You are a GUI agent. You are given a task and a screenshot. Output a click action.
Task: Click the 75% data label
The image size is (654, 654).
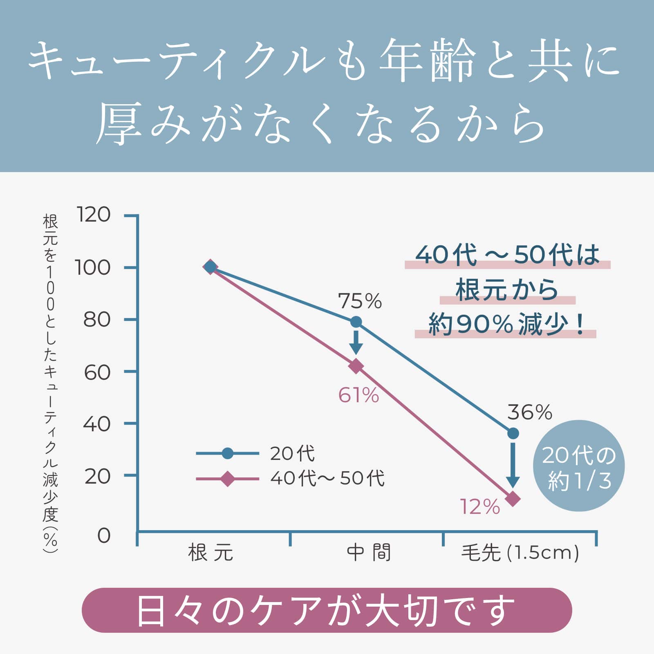[x=360, y=301]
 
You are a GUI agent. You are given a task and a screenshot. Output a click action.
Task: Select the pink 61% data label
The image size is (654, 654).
[x=358, y=395]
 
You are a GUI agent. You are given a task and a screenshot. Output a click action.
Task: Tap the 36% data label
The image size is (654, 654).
[x=529, y=412]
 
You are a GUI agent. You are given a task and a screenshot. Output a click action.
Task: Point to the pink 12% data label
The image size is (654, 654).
[x=480, y=507]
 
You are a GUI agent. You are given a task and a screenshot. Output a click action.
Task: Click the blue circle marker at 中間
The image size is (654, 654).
[x=356, y=322]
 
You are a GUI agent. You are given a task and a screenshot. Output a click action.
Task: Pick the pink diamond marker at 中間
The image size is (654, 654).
[x=356, y=366]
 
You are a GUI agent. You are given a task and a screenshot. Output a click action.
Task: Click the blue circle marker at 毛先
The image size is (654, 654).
[x=513, y=433]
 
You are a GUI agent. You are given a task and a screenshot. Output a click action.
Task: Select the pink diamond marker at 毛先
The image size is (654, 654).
[x=513, y=499]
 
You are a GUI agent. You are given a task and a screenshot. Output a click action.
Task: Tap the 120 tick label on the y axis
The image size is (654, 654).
[x=93, y=215]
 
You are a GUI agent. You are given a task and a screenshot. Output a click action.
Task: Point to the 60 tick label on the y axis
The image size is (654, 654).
[x=97, y=372]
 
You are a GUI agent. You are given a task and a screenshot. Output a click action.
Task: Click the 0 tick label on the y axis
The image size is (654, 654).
[x=104, y=535]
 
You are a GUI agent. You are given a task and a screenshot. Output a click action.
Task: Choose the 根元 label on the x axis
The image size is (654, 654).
[x=211, y=553]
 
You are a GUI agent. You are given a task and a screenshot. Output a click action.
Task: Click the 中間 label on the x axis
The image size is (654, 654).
[x=369, y=553]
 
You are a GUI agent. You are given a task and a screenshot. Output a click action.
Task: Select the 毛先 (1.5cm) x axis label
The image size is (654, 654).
[x=520, y=553]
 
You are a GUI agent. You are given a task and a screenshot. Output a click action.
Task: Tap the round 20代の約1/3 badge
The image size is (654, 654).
[x=579, y=466]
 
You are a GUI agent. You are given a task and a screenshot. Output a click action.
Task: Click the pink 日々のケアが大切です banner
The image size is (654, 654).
[x=327, y=610]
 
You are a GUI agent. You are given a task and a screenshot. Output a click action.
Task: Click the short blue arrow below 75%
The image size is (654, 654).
[x=356, y=342]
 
